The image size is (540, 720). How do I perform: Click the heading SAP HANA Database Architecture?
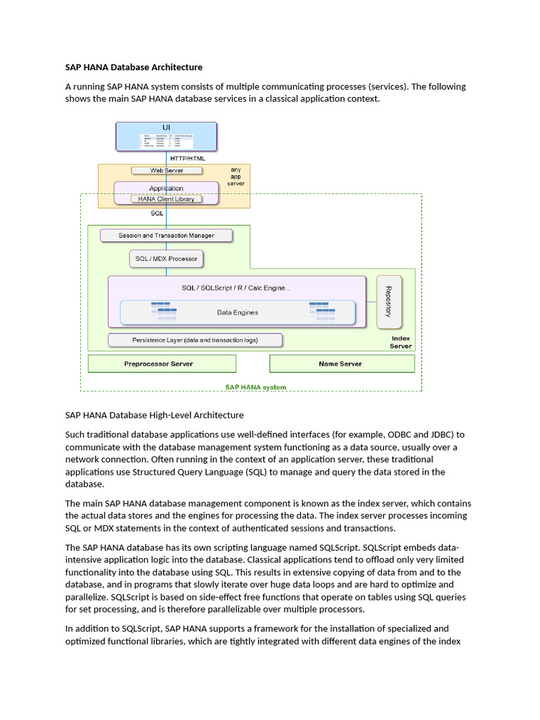click(x=134, y=67)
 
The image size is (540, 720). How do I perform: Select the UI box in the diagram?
click(x=166, y=136)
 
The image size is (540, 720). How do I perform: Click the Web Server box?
click(x=166, y=170)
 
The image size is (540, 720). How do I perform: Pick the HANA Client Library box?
click(x=166, y=199)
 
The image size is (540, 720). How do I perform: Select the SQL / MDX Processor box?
click(x=166, y=259)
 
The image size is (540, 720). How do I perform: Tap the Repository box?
click(x=389, y=301)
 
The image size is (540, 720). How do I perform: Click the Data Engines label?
click(x=237, y=312)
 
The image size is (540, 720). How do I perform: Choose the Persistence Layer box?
click(x=195, y=340)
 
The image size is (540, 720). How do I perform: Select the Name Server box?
click(x=341, y=364)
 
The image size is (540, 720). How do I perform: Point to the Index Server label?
click(x=400, y=342)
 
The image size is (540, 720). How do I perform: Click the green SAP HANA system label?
click(x=255, y=387)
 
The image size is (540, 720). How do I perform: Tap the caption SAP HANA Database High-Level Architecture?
click(x=154, y=415)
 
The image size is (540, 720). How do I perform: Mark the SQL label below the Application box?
click(x=157, y=212)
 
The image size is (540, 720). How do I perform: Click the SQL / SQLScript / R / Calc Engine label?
click(x=236, y=288)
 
